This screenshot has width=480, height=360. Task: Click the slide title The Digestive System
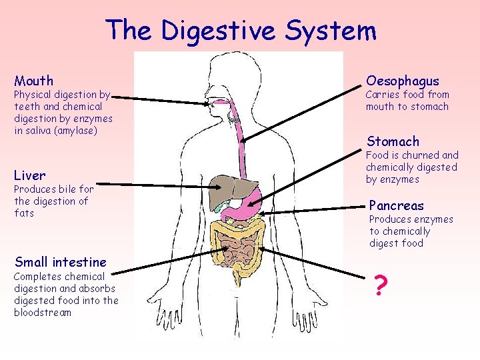pyautogui.click(x=241, y=31)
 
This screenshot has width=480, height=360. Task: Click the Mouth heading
pyautogui.click(x=33, y=81)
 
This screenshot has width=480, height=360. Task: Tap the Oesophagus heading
pyautogui.click(x=402, y=81)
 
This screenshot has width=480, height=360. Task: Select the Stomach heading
pyautogui.click(x=393, y=141)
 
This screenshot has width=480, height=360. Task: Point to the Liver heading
pyautogui.click(x=30, y=175)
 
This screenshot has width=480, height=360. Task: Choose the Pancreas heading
pyautogui.click(x=396, y=205)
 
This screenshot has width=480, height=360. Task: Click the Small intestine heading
pyautogui.click(x=60, y=261)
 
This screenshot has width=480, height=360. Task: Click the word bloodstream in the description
pyautogui.click(x=42, y=313)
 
